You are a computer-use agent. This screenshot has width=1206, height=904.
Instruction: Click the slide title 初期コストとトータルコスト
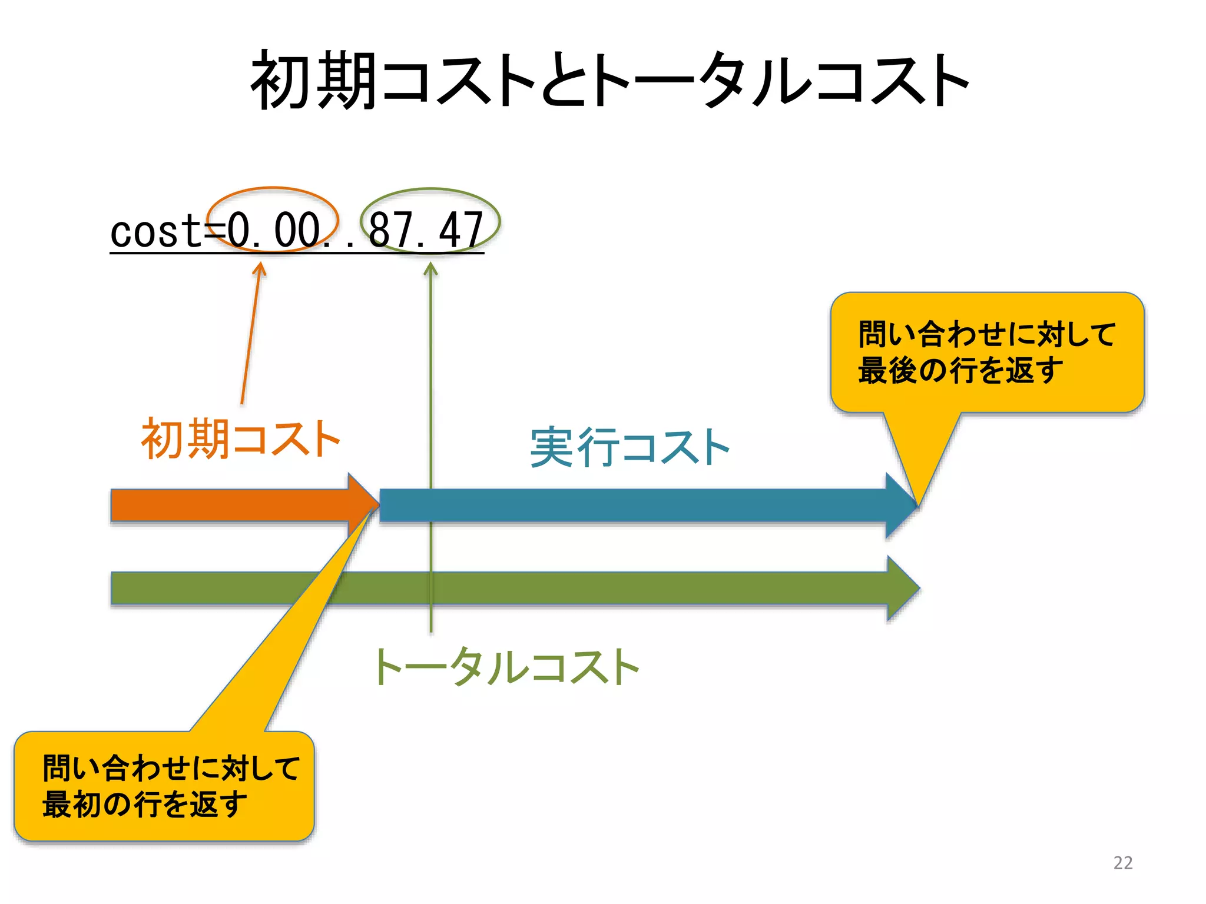(609, 79)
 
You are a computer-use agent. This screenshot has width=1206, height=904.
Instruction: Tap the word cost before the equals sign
(155, 231)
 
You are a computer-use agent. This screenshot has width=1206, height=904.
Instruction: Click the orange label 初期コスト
(240, 438)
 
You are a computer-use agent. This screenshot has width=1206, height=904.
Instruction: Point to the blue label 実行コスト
(629, 447)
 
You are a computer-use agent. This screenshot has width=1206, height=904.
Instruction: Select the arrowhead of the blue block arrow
(901, 505)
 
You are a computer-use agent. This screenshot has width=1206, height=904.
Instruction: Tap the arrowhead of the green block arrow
(903, 587)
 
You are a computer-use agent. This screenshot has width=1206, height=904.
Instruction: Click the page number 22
(1122, 863)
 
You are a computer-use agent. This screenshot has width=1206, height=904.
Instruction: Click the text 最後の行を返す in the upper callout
(960, 371)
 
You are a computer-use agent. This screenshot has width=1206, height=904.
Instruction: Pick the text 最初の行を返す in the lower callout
(145, 805)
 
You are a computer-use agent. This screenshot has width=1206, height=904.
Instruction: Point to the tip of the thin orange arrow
(260, 264)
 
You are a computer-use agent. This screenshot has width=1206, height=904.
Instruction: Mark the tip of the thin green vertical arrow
(431, 264)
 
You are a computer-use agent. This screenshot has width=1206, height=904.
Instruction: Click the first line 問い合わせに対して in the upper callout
(987, 334)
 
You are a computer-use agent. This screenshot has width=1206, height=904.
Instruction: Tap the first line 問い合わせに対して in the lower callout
(171, 768)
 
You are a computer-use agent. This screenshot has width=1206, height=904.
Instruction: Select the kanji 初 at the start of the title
(281, 79)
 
